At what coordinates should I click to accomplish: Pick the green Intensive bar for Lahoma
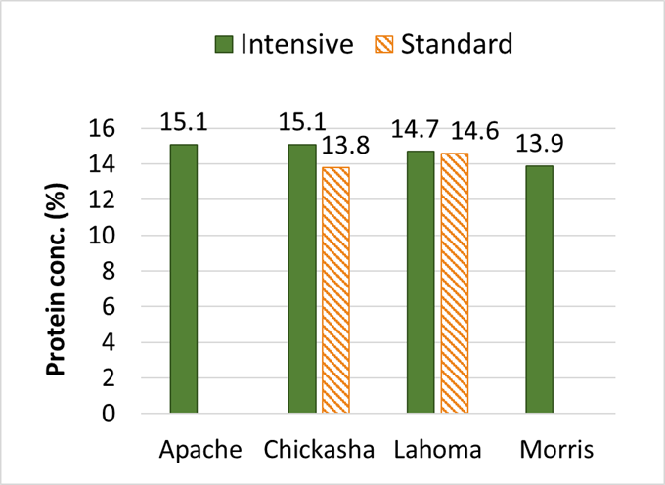click(421, 283)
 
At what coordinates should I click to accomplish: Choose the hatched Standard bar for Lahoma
click(454, 284)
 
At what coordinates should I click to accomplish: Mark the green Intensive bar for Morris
click(539, 289)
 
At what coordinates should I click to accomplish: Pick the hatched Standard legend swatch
click(384, 45)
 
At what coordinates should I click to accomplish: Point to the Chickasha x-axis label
click(318, 451)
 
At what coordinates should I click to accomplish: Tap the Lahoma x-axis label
click(436, 451)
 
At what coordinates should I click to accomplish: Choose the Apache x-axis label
click(199, 451)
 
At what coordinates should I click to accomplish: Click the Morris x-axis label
click(554, 451)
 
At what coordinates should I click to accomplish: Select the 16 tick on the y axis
click(134, 129)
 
